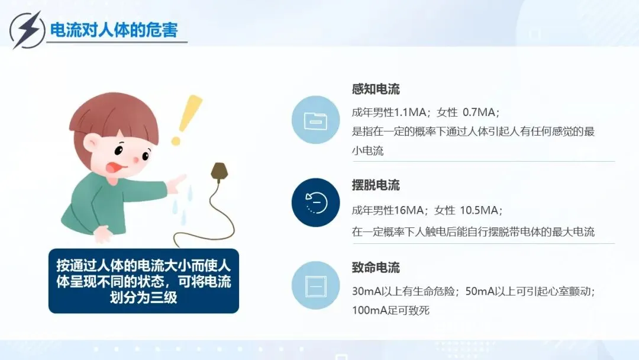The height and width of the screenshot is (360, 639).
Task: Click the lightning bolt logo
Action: pos(27,30)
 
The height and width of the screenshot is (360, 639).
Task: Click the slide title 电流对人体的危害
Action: pos(114,30)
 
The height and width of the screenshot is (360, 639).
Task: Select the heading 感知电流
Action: pos(376,89)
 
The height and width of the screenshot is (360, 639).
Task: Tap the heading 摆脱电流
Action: pos(376,185)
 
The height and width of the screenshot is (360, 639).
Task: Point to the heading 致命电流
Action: pos(376,268)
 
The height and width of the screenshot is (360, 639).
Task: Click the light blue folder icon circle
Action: pos(316,120)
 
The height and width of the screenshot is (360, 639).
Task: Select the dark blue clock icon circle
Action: pos(316,202)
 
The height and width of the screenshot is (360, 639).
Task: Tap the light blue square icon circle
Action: pos(316,285)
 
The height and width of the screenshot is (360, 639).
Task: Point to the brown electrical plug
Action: pos(219,172)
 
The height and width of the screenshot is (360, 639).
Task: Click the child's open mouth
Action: pos(114,167)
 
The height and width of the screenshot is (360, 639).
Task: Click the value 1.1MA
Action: pos(411,112)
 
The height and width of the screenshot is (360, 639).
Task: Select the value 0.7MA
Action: pos(479,112)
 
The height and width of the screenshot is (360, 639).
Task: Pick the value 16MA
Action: pos(409,210)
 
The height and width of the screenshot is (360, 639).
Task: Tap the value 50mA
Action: pos(480,291)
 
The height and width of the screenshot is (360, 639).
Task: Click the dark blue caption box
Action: pos(143,281)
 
